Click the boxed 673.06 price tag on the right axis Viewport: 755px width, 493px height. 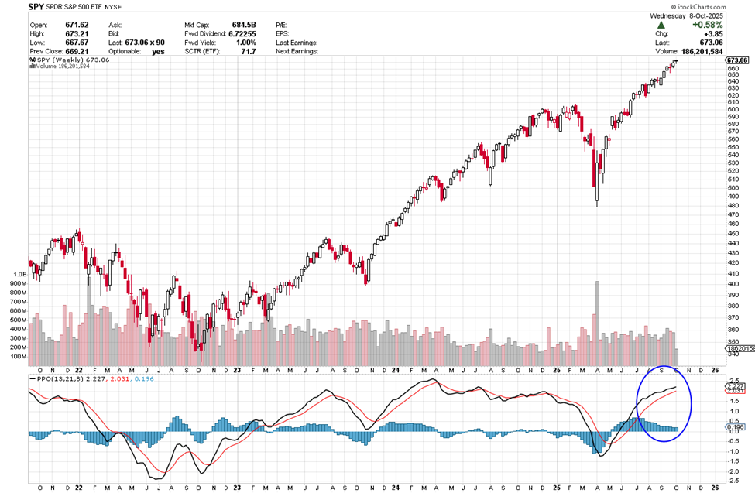[x=737, y=60]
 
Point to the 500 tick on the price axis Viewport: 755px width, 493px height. [x=732, y=187]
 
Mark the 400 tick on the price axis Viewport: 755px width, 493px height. [x=732, y=284]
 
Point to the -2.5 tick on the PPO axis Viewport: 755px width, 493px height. [x=733, y=481]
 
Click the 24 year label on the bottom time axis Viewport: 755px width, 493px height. [x=395, y=488]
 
